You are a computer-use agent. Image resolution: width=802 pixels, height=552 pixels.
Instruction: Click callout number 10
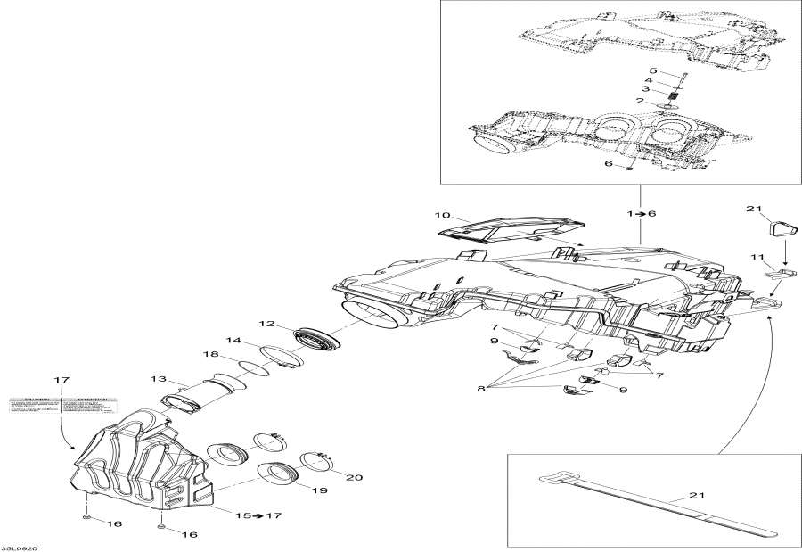tap(443, 216)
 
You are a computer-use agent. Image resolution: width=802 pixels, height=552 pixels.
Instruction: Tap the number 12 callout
tap(267, 324)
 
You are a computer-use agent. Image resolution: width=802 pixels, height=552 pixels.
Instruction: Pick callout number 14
tap(233, 340)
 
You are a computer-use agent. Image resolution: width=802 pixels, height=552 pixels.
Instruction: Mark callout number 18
tap(210, 355)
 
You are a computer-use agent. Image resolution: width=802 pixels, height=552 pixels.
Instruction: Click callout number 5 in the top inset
tap(652, 70)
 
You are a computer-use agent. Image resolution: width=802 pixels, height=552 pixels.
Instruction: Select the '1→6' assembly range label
tap(640, 215)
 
